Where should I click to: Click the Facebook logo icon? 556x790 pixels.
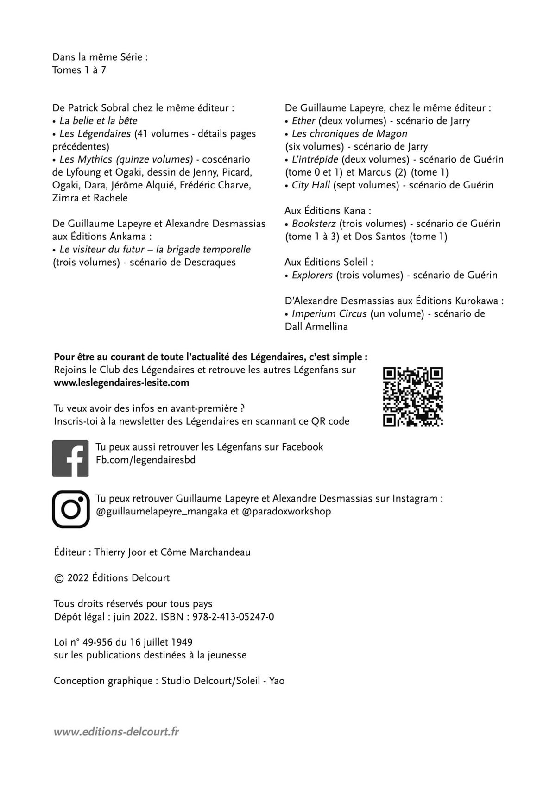point(70,458)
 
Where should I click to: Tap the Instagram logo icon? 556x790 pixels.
point(70,509)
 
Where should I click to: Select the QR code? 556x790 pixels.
point(413,396)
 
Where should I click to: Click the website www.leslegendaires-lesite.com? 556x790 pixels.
point(121,382)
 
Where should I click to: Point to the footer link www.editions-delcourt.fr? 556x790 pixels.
point(116,732)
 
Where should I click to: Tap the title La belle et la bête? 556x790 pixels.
point(98,121)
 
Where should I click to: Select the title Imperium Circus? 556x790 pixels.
point(329,313)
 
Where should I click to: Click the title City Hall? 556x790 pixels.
point(310,185)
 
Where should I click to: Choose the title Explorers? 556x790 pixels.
point(312,275)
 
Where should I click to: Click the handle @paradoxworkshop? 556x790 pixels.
point(286,511)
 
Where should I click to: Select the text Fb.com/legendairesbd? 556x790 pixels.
point(145,460)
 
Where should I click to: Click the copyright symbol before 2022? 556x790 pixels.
point(58,578)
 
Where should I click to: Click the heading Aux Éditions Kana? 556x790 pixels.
point(328,211)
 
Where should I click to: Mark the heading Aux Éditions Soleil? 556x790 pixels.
point(329,262)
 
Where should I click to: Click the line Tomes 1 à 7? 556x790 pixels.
point(79,70)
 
